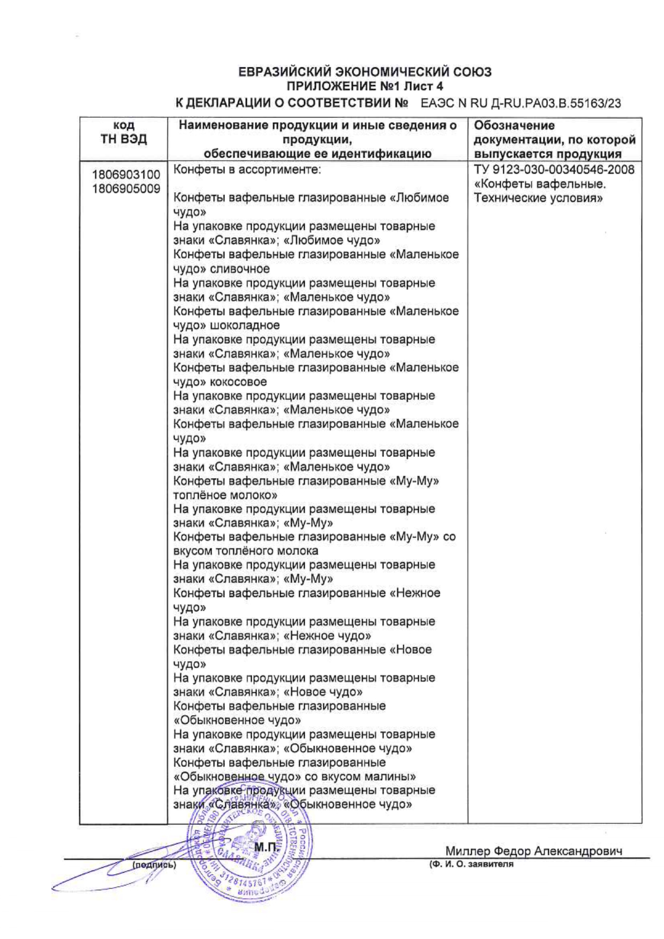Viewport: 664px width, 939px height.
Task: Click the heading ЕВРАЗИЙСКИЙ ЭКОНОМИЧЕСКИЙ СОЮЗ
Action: [365, 72]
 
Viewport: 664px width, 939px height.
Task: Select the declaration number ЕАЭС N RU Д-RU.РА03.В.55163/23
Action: [520, 103]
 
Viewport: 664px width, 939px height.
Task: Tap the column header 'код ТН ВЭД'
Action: [124, 132]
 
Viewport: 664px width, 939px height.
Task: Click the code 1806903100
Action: [126, 175]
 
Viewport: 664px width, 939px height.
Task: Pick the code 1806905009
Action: [126, 188]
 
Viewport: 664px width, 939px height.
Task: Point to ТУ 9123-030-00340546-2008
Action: [554, 170]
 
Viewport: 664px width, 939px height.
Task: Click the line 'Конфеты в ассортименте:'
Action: [247, 170]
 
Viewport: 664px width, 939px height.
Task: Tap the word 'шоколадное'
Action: [245, 325]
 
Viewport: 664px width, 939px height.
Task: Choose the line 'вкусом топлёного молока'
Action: [246, 551]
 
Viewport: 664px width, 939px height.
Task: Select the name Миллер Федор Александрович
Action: [533, 851]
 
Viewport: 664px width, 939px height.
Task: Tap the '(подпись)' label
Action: [154, 865]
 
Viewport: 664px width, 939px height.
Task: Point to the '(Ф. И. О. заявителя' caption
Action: [471, 864]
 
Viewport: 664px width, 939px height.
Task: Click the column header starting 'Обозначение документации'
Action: [554, 140]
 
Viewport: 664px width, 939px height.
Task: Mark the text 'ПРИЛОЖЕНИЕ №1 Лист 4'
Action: [365, 86]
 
